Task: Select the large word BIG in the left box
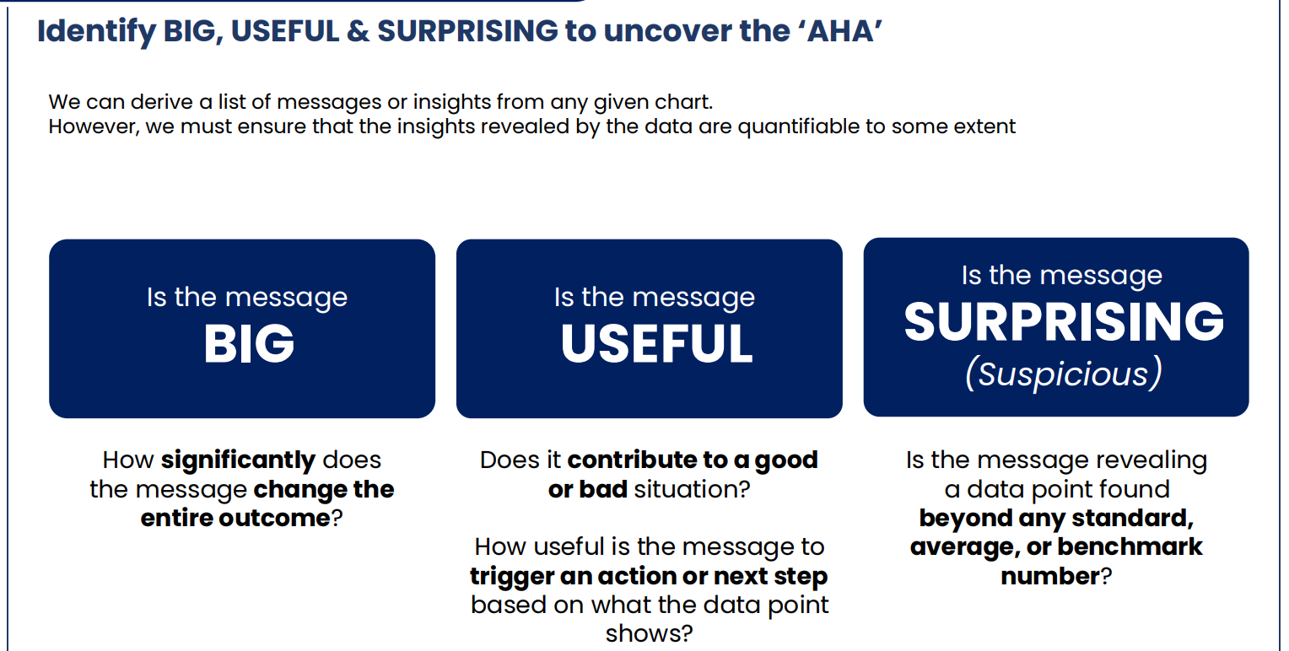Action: pos(249,344)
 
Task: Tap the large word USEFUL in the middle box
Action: pos(656,344)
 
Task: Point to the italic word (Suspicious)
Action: pos(1064,374)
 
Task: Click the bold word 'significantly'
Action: pos(238,460)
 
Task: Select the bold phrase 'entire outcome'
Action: pos(235,518)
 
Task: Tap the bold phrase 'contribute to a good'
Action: pos(693,460)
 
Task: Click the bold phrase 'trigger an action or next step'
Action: pos(649,576)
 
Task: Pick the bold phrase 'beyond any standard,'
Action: pos(1056,518)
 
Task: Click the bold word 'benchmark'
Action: pos(1130,547)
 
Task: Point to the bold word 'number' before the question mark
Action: pos(1050,576)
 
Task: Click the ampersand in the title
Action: pos(358,31)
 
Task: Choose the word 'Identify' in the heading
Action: pos(96,32)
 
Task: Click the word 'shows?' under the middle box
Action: pos(649,634)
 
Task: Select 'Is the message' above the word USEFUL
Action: pos(655,298)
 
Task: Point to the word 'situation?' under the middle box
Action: pos(692,489)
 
